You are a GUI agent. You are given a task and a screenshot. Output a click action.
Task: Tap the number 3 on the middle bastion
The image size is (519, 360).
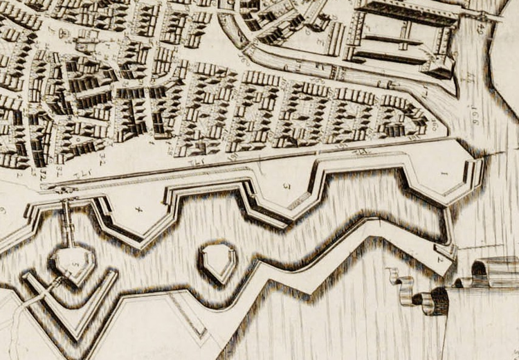284,185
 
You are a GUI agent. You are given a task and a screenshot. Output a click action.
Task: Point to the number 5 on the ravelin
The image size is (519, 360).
75,264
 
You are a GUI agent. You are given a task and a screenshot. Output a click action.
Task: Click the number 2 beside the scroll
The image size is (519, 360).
440,260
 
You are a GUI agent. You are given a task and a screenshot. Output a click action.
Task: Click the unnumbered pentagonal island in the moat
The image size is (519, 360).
218,261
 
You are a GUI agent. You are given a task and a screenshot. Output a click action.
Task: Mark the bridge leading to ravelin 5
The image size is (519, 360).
69,222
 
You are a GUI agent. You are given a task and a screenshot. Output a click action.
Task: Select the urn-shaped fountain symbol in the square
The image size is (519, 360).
64,33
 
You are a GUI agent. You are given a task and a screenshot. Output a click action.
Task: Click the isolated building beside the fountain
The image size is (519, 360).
87,44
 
